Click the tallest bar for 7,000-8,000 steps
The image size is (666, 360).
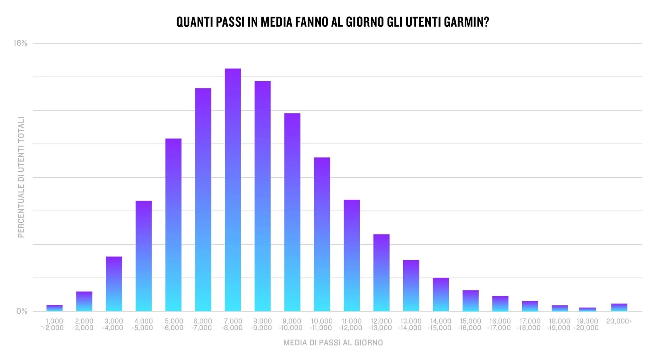(233, 190)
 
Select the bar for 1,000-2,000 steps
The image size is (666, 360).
(54, 308)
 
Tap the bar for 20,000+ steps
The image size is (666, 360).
(619, 307)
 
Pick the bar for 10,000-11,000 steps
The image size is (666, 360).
(322, 234)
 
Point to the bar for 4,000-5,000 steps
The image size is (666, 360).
(143, 256)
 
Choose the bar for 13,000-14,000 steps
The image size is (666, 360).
(411, 286)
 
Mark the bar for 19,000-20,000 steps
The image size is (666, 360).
(587, 309)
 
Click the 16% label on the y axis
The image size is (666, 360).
(20, 43)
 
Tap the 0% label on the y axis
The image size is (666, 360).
(22, 311)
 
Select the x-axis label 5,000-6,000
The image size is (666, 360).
(173, 325)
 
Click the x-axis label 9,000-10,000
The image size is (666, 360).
(291, 325)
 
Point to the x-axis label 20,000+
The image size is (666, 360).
(619, 321)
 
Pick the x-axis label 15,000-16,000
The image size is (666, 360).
(470, 325)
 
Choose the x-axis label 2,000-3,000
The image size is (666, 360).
(84, 325)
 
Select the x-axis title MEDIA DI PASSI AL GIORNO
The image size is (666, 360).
(333, 343)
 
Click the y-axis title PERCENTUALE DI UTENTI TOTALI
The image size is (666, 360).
(21, 177)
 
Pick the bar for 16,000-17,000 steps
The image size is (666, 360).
(500, 304)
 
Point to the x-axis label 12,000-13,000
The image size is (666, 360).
(380, 325)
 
